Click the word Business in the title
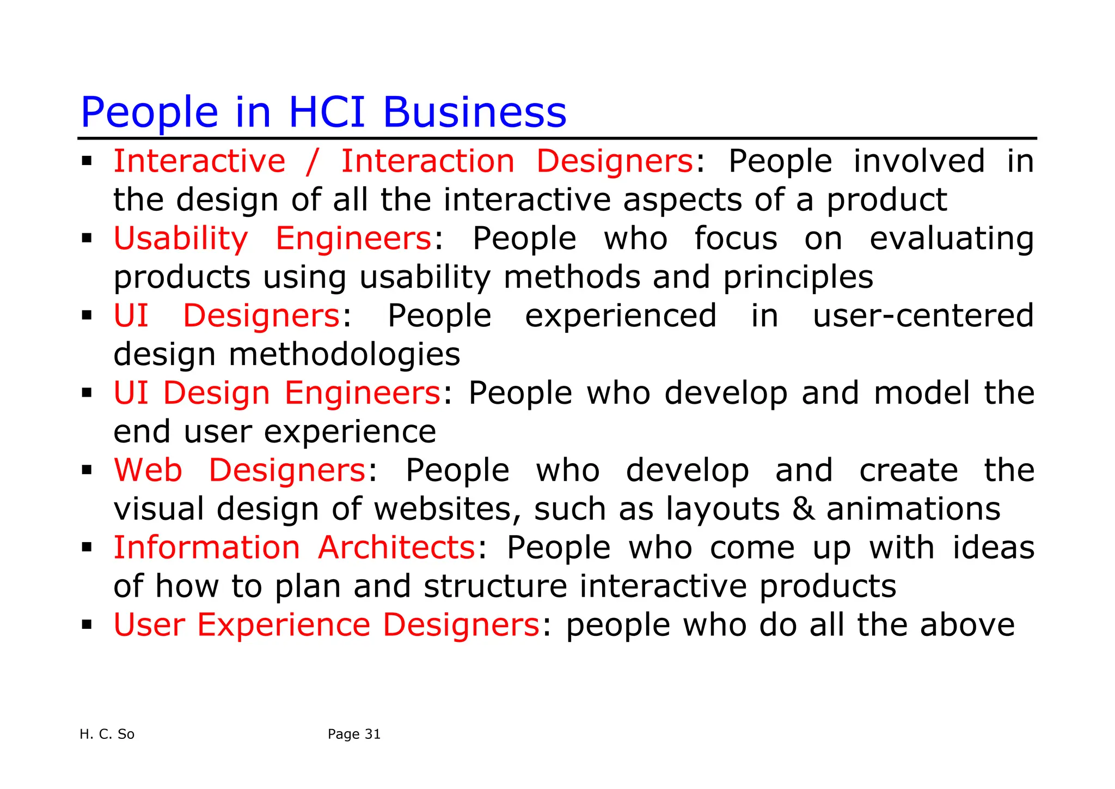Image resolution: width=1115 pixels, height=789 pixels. pyautogui.click(x=475, y=112)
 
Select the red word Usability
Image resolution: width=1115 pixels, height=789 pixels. pyautogui.click(x=181, y=239)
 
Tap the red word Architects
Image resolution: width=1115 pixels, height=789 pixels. pyautogui.click(x=397, y=548)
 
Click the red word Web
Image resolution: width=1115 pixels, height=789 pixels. pyautogui.click(x=148, y=470)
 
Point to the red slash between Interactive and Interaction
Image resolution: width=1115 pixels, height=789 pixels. pyautogui.click(x=313, y=161)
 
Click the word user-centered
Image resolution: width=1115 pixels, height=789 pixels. pyautogui.click(x=923, y=316)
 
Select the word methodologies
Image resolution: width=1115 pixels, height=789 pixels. pyautogui.click(x=344, y=355)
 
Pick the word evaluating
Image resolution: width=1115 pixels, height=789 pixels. pyautogui.click(x=952, y=239)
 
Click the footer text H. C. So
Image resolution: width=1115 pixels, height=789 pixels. pyautogui.click(x=107, y=735)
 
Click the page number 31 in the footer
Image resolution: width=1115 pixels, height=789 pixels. pyautogui.click(x=372, y=735)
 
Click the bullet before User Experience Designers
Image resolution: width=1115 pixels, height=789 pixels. pyautogui.click(x=87, y=624)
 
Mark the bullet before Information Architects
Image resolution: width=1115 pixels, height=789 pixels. pyautogui.click(x=87, y=547)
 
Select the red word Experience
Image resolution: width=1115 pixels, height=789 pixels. pyautogui.click(x=283, y=625)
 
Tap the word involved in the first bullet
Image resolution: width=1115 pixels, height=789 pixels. pyautogui.click(x=919, y=161)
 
